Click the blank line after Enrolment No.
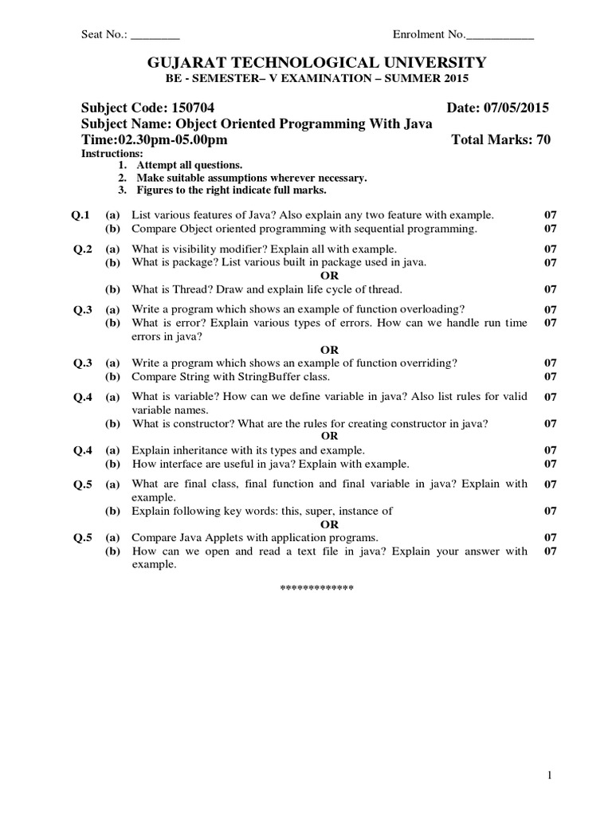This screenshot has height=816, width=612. tap(500, 36)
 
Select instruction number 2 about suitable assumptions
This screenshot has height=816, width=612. tap(251, 178)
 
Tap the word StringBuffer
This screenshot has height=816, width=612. tap(271, 376)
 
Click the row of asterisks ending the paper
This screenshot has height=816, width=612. tap(316, 589)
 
